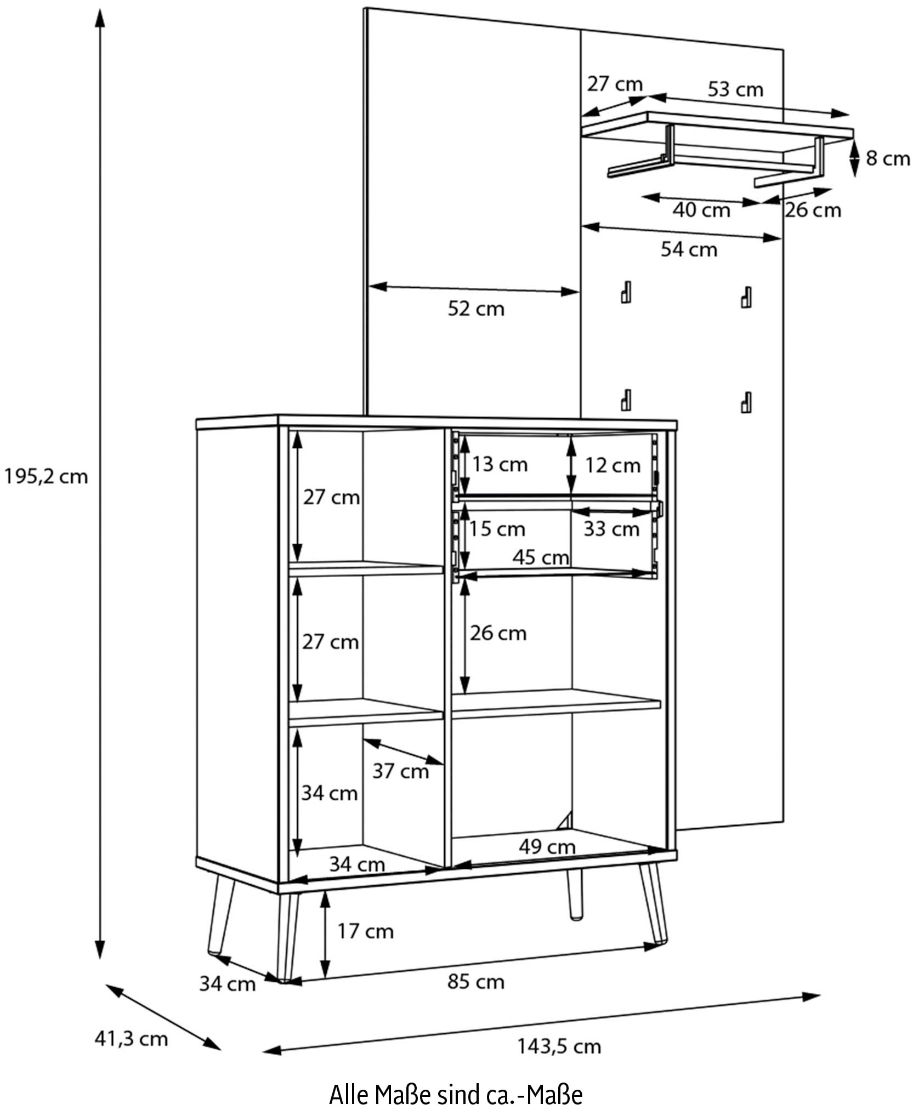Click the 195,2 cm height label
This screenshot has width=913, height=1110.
(x=46, y=476)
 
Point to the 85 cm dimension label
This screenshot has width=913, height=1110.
(x=476, y=981)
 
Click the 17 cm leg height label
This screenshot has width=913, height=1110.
(x=365, y=931)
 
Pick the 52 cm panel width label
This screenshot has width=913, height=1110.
(x=476, y=309)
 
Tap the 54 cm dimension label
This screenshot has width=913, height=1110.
(x=689, y=249)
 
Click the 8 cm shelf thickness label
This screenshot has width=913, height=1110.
(x=888, y=158)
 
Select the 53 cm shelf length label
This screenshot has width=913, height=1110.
(x=735, y=89)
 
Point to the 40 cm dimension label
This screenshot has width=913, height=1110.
(x=701, y=209)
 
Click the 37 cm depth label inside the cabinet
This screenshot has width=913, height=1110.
(x=400, y=771)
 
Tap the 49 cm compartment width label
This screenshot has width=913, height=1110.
(x=547, y=847)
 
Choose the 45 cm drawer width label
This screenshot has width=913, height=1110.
(x=541, y=557)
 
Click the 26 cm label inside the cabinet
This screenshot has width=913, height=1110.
(x=498, y=633)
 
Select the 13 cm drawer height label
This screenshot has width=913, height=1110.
(x=500, y=464)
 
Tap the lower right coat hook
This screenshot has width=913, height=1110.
(x=746, y=402)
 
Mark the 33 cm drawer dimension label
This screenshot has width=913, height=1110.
(x=611, y=529)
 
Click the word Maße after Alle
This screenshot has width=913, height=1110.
(x=403, y=1095)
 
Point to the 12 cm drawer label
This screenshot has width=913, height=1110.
(x=613, y=465)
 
